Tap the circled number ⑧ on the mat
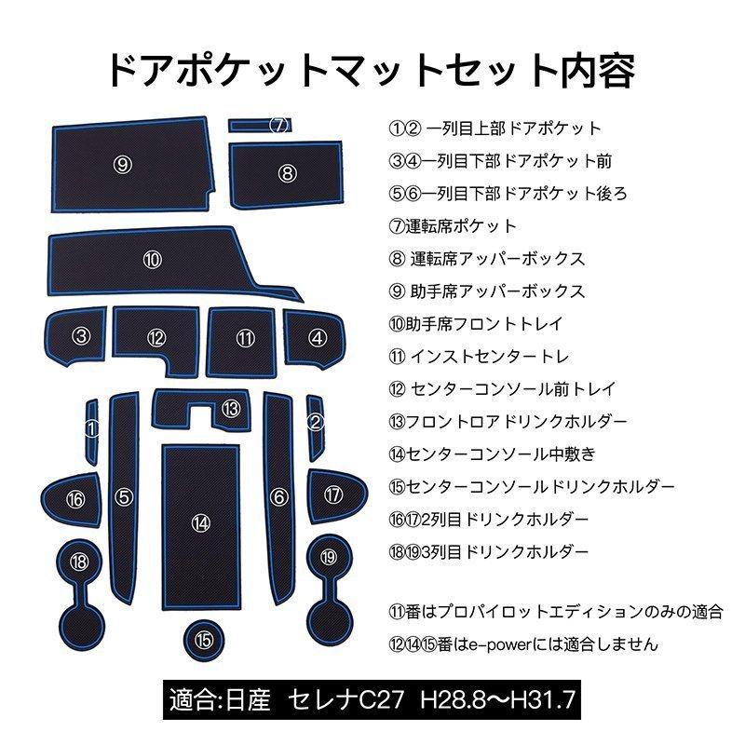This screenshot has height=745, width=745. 287,172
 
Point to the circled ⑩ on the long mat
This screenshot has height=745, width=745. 152,260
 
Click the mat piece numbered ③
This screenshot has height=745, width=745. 82,336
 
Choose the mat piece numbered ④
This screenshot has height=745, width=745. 318,337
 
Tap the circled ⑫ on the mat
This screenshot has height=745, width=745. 156,337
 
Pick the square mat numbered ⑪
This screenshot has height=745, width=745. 245,338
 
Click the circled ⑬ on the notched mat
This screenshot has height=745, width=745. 231,408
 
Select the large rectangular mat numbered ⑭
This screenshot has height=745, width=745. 199,521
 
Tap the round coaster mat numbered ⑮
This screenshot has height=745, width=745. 203,639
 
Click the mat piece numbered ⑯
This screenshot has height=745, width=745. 74,499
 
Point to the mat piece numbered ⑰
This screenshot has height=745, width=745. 333,494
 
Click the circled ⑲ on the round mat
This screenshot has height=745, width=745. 326,557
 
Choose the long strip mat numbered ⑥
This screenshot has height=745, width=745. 278,496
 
